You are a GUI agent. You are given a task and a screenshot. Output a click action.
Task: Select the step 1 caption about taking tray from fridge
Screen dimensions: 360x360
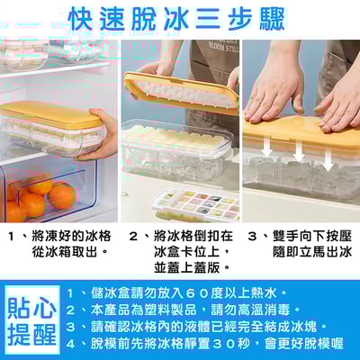tap(61, 244)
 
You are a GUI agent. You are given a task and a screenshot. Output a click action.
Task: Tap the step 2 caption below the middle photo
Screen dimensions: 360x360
tap(180, 251)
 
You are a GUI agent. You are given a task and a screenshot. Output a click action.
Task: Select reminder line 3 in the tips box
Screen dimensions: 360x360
tap(202, 326)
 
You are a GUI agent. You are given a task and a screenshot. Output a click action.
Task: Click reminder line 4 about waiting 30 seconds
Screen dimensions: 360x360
tap(210, 343)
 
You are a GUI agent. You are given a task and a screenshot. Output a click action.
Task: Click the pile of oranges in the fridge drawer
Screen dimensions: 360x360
tap(40, 196)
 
